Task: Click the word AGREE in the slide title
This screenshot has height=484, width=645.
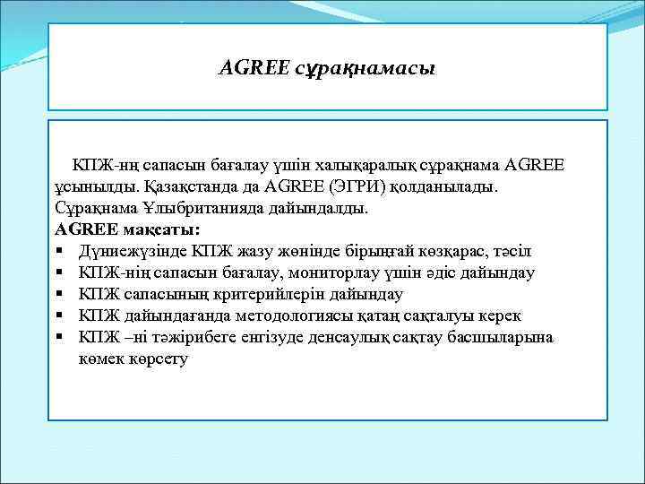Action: (x=254, y=67)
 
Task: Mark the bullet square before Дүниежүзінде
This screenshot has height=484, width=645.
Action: (x=57, y=251)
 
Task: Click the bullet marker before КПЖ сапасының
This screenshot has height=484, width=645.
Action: (x=57, y=294)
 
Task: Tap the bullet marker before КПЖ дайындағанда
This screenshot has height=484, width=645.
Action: (x=57, y=315)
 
